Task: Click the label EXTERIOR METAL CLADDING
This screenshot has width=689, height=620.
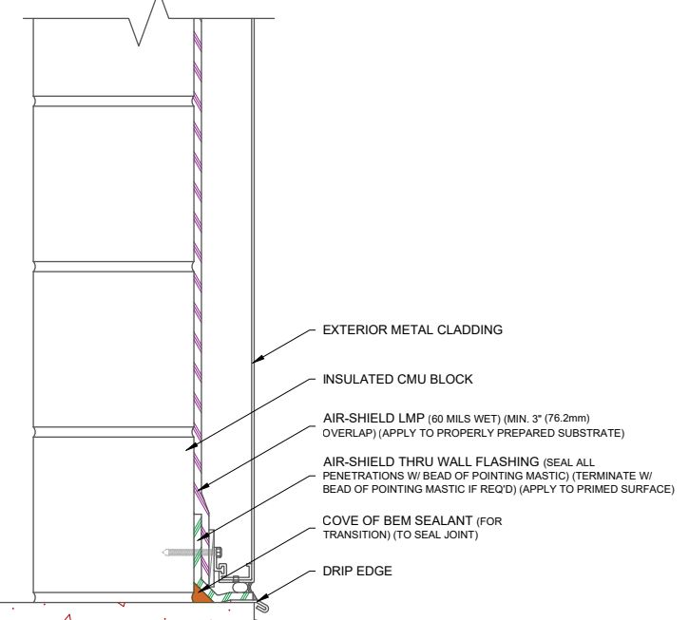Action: pyautogui.click(x=412, y=329)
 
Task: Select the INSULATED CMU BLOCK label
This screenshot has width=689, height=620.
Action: pyautogui.click(x=397, y=379)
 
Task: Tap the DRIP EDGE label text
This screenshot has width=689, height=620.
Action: pyautogui.click(x=357, y=571)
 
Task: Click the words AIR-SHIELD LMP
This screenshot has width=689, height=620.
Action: pyautogui.click(x=373, y=418)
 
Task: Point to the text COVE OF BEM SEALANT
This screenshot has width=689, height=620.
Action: pyautogui.click(x=397, y=520)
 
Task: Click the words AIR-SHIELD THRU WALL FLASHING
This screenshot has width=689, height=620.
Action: pyautogui.click(x=431, y=461)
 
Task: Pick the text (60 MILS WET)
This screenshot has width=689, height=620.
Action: pyautogui.click(x=464, y=419)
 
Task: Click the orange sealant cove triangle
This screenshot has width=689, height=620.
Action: pyautogui.click(x=201, y=593)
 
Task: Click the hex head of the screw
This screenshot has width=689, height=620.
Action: pyautogui.click(x=219, y=552)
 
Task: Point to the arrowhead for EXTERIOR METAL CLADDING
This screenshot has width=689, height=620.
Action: pyautogui.click(x=258, y=359)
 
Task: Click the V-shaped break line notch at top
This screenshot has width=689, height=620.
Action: pyautogui.click(x=147, y=22)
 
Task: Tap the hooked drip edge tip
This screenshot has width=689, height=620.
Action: pyautogui.click(x=263, y=607)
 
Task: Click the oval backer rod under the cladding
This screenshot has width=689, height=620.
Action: pyautogui.click(x=239, y=585)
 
